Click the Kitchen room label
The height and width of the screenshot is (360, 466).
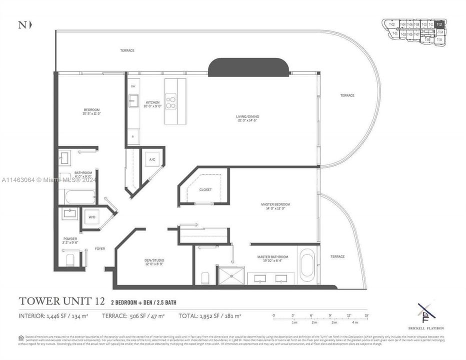point(152,102)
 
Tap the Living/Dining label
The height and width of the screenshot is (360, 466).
point(247,117)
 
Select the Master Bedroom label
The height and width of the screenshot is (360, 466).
point(275,204)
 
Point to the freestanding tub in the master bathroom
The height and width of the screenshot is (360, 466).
point(306,265)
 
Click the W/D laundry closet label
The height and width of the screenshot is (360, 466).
point(91,217)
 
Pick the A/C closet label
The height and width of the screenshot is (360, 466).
point(152,159)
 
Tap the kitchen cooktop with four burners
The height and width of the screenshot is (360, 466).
point(171,102)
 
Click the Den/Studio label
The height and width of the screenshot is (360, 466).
point(154,260)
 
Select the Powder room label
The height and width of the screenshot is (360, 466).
point(70,239)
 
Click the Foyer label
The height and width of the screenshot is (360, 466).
point(100,248)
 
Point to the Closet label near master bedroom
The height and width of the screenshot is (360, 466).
point(205,190)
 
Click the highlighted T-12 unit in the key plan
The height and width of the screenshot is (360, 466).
point(439,24)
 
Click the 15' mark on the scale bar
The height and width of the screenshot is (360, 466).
point(366,315)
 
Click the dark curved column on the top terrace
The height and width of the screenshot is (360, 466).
point(248,67)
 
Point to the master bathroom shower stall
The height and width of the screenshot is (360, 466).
point(230,275)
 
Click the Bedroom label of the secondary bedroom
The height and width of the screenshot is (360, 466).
point(91,110)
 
